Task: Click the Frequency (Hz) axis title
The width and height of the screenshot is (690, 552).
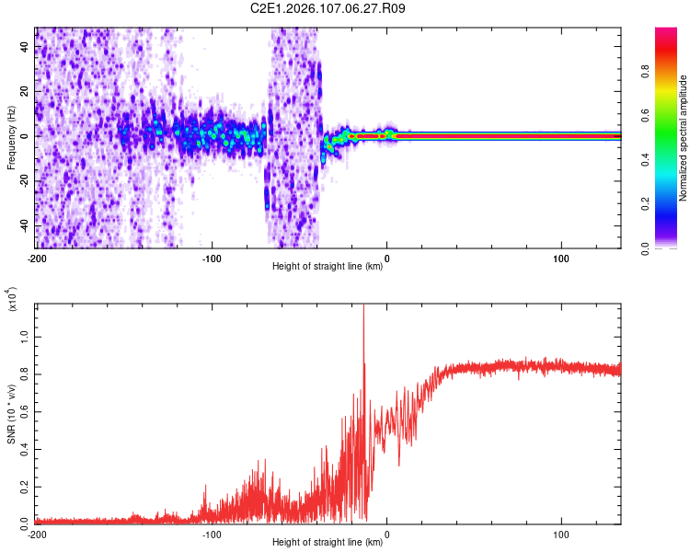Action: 11,138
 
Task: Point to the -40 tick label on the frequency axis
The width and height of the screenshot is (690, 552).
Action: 23,225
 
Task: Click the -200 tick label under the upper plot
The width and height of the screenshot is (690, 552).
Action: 37,258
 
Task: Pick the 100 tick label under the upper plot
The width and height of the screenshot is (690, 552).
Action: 561,258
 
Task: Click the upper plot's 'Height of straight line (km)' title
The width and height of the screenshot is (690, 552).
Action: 328,267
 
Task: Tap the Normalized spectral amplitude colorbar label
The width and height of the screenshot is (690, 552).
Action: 684,138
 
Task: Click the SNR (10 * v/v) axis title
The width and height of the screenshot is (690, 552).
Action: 12,413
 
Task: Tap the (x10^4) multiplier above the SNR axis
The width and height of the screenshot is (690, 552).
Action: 12,298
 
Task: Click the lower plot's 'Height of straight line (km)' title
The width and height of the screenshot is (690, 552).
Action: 328,543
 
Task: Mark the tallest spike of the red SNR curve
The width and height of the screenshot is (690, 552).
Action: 363,306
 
